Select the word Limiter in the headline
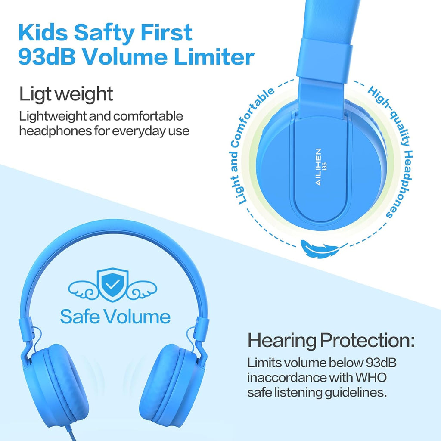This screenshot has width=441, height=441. (214, 57)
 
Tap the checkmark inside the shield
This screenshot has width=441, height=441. (112, 284)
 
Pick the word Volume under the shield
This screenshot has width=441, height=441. (137, 317)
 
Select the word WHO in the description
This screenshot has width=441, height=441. (371, 377)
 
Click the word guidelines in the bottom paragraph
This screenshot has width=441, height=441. (356, 393)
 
